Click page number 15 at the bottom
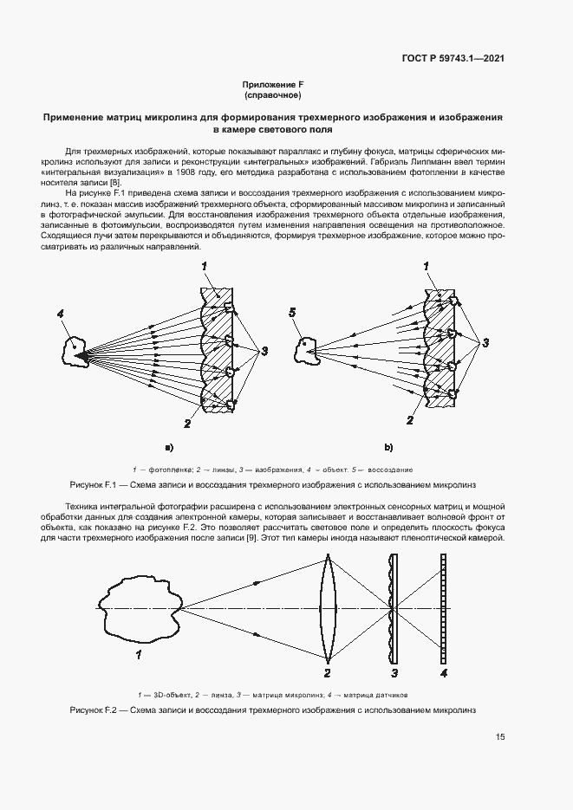click(x=500, y=737)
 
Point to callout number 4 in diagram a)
click(x=61, y=314)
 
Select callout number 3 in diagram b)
click(x=485, y=343)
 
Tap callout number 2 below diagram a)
click(x=186, y=423)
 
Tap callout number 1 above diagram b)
click(x=426, y=265)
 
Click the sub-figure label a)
click(x=169, y=447)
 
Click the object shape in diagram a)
click(x=76, y=352)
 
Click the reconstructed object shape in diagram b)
click(x=307, y=349)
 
